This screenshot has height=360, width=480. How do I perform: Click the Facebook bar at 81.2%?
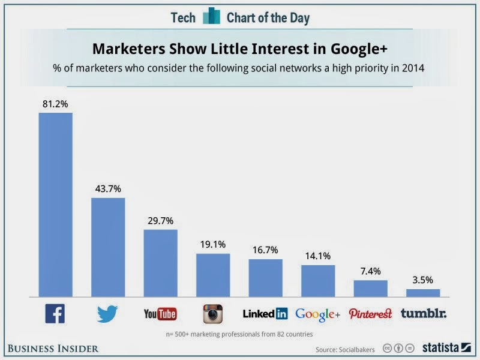[x=55, y=204]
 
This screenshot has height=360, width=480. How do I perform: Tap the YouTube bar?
[x=160, y=263]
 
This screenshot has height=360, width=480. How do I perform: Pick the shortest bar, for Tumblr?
[x=423, y=293]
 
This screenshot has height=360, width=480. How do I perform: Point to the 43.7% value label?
[x=108, y=188]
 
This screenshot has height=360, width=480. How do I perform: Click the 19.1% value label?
[x=213, y=244]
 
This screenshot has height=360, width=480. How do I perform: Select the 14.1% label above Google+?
[x=318, y=256]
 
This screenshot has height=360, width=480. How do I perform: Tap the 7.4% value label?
[x=370, y=271]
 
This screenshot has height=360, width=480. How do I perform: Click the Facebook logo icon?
[x=55, y=313]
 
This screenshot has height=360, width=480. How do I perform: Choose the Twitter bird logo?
[x=107, y=313]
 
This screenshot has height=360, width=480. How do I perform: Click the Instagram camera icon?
[x=213, y=313]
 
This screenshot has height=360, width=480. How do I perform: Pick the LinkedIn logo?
[x=265, y=313]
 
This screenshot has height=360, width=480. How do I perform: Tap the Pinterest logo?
[x=370, y=313]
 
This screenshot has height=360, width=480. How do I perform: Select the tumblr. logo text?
[x=424, y=313]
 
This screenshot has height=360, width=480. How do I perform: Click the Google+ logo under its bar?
[x=317, y=314]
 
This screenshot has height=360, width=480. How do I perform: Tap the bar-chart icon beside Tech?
[x=211, y=17]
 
